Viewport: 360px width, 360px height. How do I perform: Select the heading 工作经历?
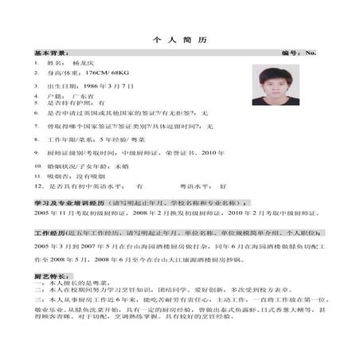[49, 235]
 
